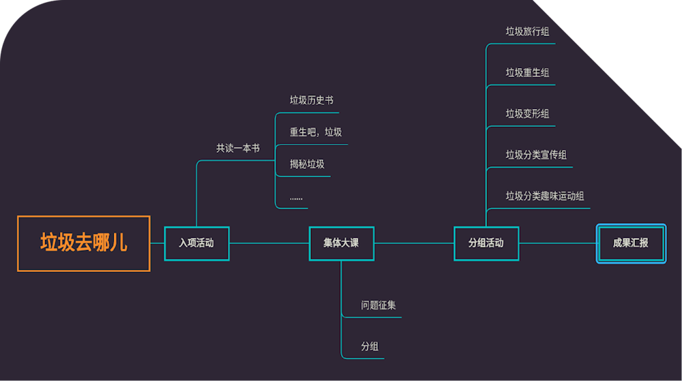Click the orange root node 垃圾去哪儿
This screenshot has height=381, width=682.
83,243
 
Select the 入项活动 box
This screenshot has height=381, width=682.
196,243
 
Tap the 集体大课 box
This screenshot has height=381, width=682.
341,243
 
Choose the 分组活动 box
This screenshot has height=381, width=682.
486,243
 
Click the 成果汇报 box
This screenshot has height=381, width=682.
631,243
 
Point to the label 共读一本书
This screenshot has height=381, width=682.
238,148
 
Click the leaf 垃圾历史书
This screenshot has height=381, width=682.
311,100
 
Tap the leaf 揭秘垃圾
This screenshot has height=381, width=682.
307,164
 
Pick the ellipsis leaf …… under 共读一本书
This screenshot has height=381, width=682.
296,197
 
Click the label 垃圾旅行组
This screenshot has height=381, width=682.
527,31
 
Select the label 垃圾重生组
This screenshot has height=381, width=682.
527,73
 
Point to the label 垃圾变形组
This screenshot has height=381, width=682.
527,114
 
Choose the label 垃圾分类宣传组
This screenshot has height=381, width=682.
536,155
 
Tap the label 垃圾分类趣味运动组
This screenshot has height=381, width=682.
544,196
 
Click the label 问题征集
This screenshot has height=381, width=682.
379,305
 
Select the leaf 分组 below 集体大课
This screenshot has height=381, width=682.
370,347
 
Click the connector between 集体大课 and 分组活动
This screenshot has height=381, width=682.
414,243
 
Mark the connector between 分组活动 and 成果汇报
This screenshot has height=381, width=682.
558,243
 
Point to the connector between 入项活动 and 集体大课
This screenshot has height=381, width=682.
269,243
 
